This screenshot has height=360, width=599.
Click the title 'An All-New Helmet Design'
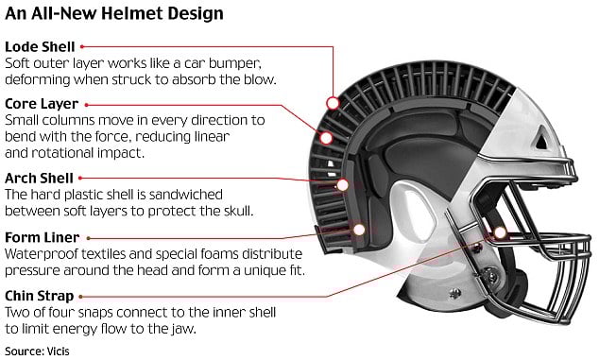(x=113, y=14)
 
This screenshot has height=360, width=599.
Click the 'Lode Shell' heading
(x=40, y=45)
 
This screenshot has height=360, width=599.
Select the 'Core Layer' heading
(x=43, y=103)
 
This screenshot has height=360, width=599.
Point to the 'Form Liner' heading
(x=43, y=236)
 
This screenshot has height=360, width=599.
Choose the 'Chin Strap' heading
(x=43, y=296)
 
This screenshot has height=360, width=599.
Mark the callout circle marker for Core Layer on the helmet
(x=327, y=138)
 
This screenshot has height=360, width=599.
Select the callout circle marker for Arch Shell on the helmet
(x=343, y=185)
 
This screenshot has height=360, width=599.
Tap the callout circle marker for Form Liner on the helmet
(x=358, y=228)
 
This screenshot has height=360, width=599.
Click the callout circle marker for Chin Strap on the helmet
(x=498, y=232)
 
